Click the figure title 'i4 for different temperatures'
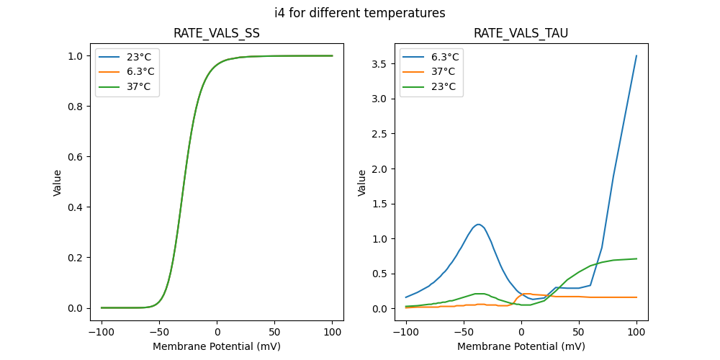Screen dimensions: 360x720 (360, 13)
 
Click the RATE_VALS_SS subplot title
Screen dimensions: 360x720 (217, 34)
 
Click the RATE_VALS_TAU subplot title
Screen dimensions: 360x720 (521, 34)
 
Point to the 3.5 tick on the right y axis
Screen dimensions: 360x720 (380, 64)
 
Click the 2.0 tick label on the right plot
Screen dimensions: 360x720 (380, 168)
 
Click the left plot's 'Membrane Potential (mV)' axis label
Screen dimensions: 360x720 (217, 346)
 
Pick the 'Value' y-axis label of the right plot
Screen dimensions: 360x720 (362, 183)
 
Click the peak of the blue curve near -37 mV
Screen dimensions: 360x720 (478, 224)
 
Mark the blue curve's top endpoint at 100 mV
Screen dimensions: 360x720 (636, 55)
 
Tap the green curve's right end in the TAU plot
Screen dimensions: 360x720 (636, 258)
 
